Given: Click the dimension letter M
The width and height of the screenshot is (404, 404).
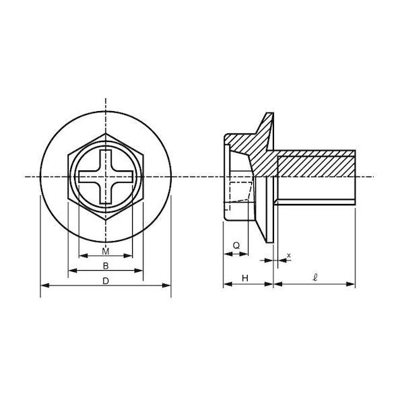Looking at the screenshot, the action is [x=106, y=251].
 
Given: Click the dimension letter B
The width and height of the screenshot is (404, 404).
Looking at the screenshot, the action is [x=106, y=266].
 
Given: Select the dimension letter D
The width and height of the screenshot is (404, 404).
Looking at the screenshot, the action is [x=106, y=281].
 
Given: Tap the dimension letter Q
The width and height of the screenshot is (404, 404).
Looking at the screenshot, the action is [x=236, y=246].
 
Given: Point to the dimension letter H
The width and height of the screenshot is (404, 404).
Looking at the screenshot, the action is [x=245, y=278].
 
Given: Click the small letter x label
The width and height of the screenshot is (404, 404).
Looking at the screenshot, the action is [x=289, y=255].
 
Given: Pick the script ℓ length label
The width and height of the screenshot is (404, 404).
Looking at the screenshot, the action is [x=315, y=277].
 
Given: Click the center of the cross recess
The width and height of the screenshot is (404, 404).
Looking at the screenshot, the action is [x=106, y=176].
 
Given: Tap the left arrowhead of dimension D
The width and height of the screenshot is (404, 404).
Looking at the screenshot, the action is [x=45, y=285].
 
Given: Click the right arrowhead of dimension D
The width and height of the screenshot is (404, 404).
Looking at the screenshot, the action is [x=166, y=285].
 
